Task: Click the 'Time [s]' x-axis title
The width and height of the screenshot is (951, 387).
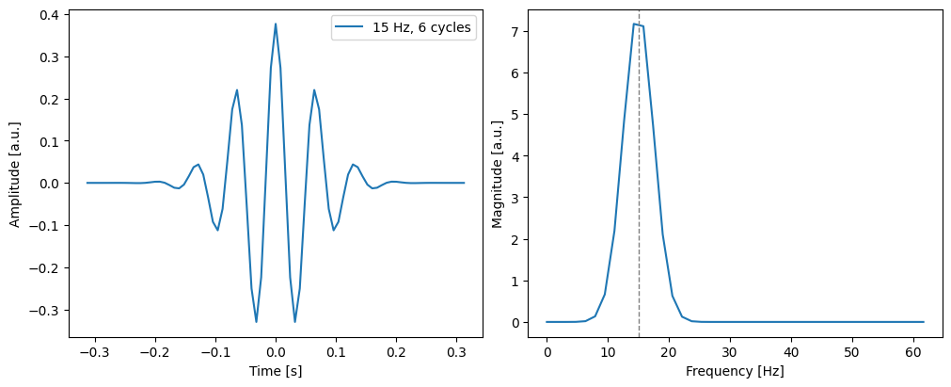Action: [x=276, y=372]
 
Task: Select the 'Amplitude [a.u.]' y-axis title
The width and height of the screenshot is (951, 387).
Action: [x=16, y=173]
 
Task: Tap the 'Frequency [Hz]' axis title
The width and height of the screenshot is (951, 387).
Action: [x=735, y=372]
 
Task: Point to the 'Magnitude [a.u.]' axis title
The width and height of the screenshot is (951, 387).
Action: [x=498, y=173]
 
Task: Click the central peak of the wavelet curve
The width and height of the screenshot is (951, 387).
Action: [x=276, y=24]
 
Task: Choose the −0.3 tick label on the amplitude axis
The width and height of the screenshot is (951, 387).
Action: [x=42, y=310]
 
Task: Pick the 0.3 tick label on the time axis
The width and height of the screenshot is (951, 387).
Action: [x=457, y=350]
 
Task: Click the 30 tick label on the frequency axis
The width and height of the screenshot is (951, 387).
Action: [x=730, y=350]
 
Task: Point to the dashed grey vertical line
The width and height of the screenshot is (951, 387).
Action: [x=639, y=188]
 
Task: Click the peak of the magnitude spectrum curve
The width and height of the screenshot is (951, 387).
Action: [x=635, y=24]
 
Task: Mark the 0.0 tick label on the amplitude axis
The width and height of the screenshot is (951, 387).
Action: [x=46, y=184]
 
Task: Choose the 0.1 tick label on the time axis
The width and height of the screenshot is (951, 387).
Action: [x=336, y=350]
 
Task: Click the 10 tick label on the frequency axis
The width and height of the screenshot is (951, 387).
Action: [x=608, y=350]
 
